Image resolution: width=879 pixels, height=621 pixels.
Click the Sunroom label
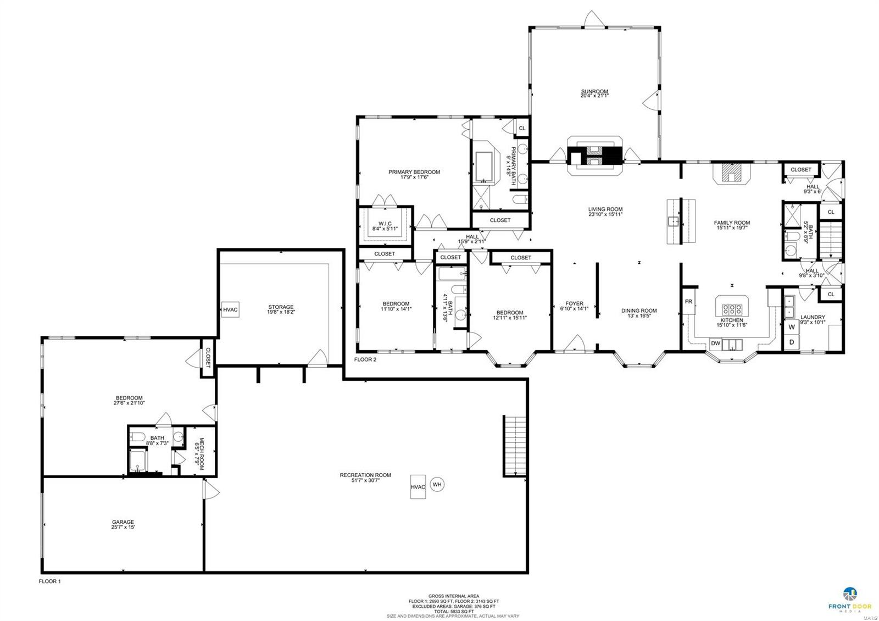[594, 92]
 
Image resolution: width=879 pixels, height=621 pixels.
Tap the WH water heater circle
[437, 484]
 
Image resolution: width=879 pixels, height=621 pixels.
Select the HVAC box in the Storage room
[230, 310]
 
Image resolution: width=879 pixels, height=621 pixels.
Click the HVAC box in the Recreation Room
[418, 486]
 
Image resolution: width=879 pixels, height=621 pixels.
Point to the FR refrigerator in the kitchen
[688, 302]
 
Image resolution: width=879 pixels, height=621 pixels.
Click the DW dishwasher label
[715, 343]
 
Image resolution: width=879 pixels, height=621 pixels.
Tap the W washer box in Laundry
[792, 327]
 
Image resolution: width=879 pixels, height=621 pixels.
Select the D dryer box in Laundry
[792, 342]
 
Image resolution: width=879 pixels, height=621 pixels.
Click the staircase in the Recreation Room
[515, 446]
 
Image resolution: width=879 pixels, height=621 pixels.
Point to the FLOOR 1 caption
[49, 581]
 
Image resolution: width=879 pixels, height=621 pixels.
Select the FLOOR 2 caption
[365, 359]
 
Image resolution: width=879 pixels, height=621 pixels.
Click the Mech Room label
[201, 452]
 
